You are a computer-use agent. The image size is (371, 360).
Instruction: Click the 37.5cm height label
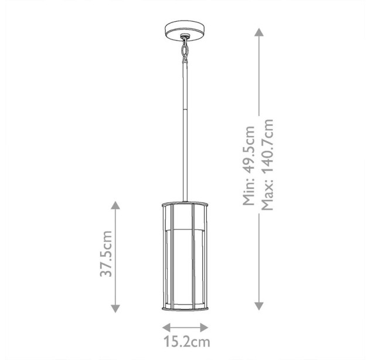106,253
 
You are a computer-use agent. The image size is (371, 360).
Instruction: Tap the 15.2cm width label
187,342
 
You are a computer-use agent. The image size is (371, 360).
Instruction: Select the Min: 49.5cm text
249,166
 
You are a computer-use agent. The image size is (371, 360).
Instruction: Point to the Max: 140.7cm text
267,165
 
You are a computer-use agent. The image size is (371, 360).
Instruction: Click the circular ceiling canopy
185,30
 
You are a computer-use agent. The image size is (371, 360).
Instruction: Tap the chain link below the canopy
185,50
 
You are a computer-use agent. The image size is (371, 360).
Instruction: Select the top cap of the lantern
185,204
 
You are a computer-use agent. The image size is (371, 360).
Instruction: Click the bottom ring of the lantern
185,308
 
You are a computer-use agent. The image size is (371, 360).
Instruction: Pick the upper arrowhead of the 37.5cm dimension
115,205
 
